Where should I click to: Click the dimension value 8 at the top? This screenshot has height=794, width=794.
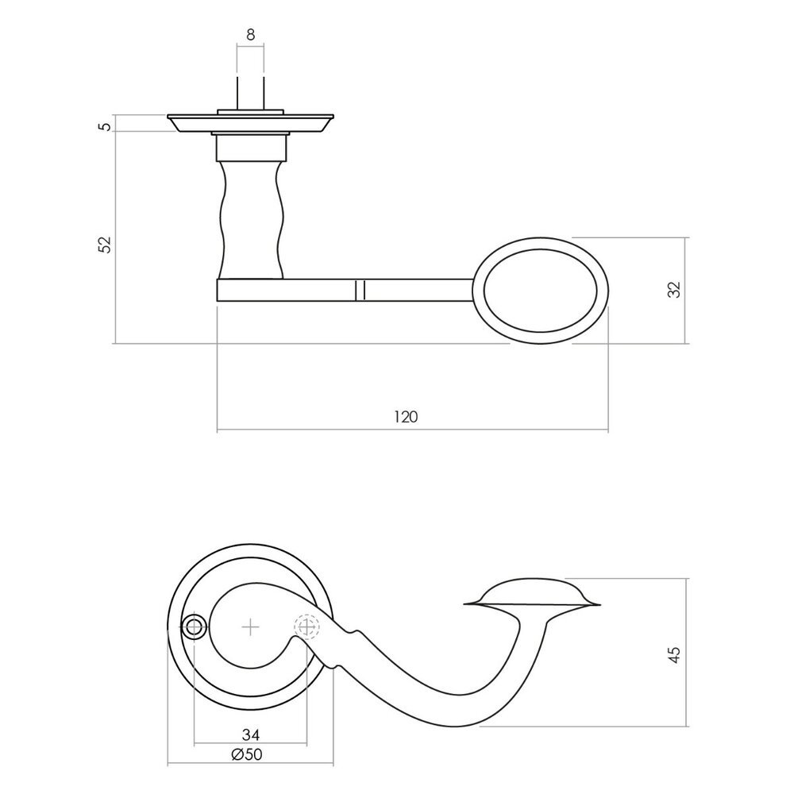pyautogui.click(x=250, y=34)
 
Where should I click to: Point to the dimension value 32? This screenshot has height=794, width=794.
pyautogui.click(x=674, y=290)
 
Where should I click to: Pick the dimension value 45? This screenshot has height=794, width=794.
pyautogui.click(x=674, y=653)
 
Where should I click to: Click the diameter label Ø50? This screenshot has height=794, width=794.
pyautogui.click(x=247, y=754)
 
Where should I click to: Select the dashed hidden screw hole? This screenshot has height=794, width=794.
pyautogui.click(x=306, y=627)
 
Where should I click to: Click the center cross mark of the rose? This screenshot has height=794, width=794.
pyautogui.click(x=250, y=627)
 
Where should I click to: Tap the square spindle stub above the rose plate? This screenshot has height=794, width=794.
pyautogui.click(x=250, y=91)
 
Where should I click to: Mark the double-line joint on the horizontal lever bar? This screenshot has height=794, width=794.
pyautogui.click(x=360, y=290)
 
